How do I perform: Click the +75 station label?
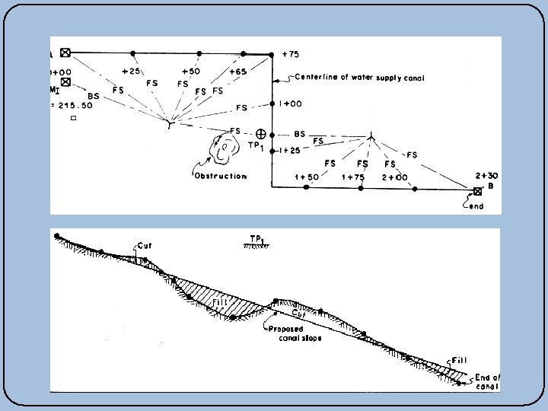coord(291,55)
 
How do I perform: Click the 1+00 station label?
coord(292,104)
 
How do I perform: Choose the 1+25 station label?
coord(289,150)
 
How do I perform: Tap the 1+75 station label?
coord(353,177)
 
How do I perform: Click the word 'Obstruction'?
coord(220,176)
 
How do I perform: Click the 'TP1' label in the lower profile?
coord(256,238)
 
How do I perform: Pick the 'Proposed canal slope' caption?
coord(295,333)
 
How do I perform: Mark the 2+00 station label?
coord(395,177)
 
